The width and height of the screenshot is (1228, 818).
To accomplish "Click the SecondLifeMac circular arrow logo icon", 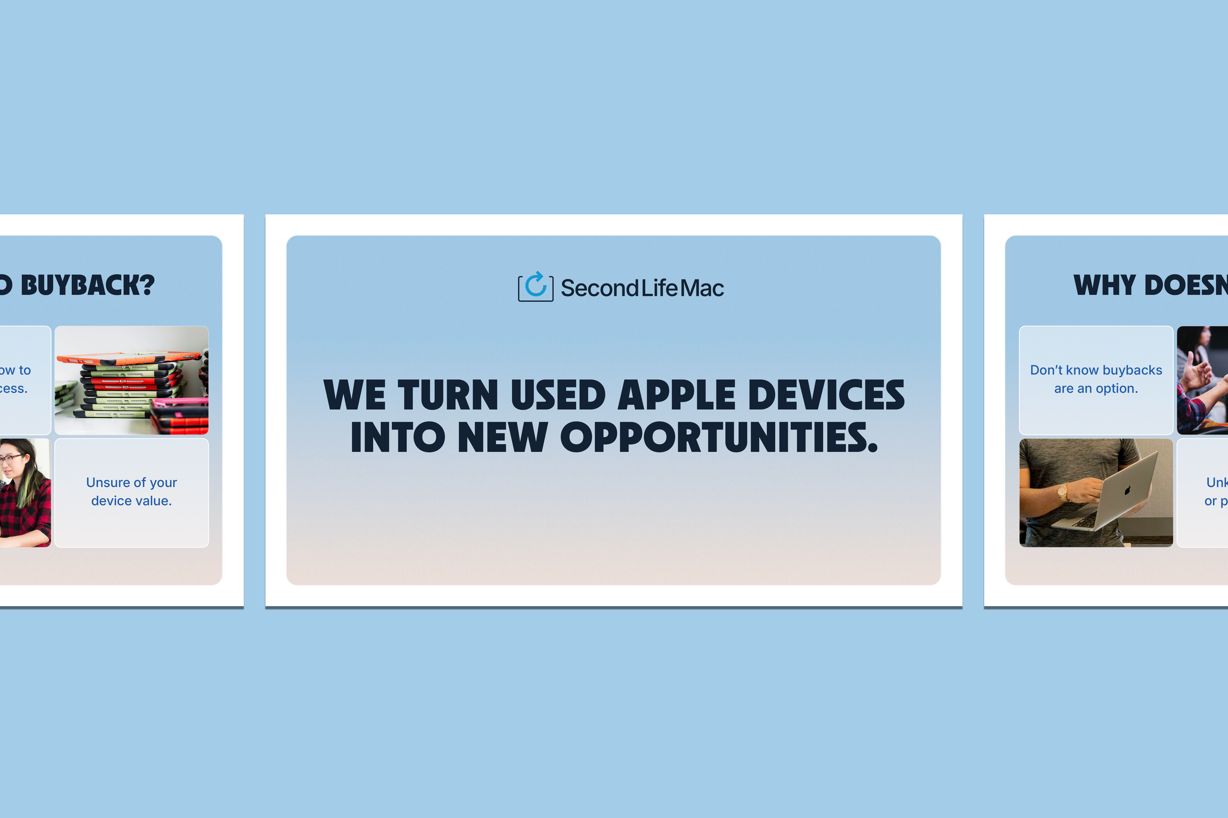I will point(536,287).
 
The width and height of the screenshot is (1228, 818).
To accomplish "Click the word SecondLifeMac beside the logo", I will point(642,288).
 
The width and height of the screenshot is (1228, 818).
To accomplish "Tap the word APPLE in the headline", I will point(677,395).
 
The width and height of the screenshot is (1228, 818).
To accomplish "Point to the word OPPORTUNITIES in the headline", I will point(719,437).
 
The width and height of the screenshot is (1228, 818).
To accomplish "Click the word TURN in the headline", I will point(448,395).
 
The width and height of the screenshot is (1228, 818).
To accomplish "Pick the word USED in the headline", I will point(558,395).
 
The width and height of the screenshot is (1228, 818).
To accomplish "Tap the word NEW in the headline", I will point(502,437).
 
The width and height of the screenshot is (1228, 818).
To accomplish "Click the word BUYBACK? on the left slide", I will point(88,286).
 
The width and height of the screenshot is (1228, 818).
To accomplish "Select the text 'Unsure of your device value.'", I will point(132,491).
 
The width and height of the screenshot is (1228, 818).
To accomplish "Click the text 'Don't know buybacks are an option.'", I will point(1096,379).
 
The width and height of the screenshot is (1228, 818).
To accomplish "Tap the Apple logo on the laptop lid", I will point(1127,490).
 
